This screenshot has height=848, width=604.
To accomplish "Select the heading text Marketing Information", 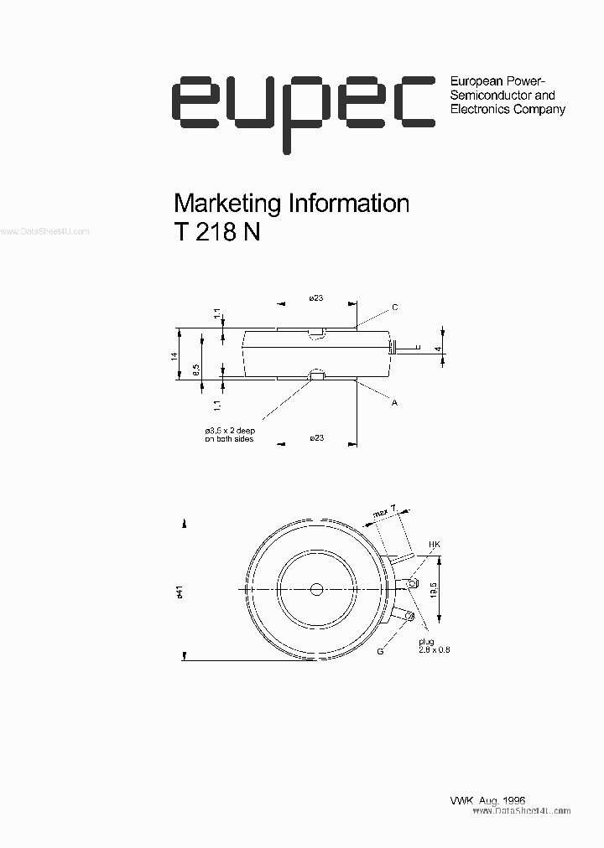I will [x=290, y=204].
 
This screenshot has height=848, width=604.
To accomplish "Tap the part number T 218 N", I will [x=216, y=234].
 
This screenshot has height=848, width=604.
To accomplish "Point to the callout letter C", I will [x=394, y=308].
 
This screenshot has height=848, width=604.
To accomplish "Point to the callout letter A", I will [x=394, y=403].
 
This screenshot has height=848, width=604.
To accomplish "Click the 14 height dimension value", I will [x=174, y=354].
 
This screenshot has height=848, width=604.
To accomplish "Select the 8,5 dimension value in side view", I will [x=196, y=368].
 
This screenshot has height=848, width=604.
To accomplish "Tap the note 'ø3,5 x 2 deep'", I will [x=229, y=429].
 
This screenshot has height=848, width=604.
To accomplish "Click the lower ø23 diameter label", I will [x=316, y=437].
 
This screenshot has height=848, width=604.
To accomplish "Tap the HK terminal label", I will [x=434, y=545].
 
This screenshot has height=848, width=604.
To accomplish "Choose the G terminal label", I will [x=380, y=651].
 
